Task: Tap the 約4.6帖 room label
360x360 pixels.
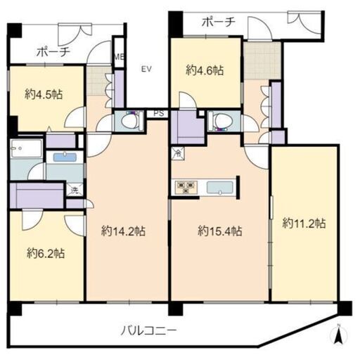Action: click(x=204, y=70)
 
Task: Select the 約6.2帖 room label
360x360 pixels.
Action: click(x=46, y=252)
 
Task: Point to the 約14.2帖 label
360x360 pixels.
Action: click(x=124, y=230)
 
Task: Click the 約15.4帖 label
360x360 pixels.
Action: click(x=219, y=230)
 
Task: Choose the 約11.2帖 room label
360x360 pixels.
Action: click(x=304, y=223)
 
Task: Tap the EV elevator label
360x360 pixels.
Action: click(x=146, y=69)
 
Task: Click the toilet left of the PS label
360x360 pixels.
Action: click(x=129, y=121)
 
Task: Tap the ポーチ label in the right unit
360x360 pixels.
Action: click(x=217, y=22)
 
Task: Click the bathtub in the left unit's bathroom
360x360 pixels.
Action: click(x=64, y=156)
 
